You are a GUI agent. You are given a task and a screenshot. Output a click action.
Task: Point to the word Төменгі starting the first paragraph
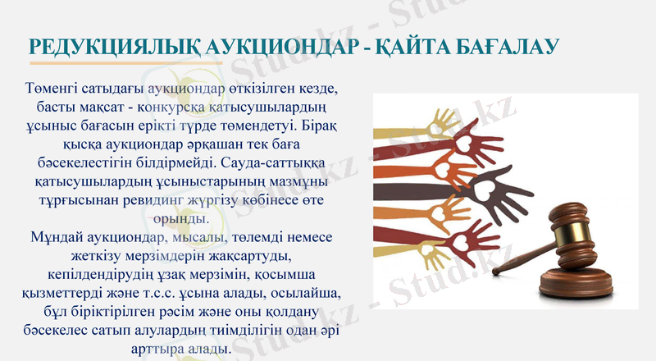[55, 87]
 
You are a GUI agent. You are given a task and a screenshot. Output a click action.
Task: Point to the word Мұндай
[56, 238]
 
